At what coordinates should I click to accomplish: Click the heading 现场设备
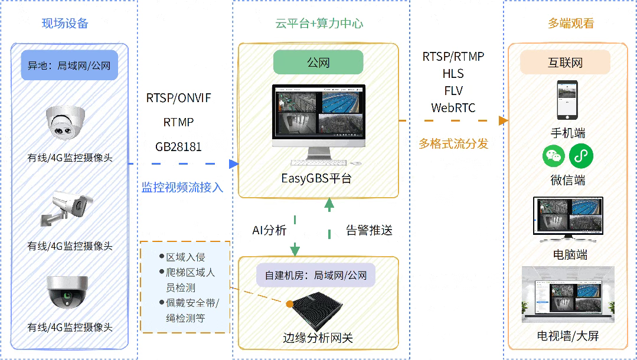click(x=65, y=24)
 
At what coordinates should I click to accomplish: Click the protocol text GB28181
click(x=178, y=146)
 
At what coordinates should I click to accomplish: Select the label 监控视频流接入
click(x=182, y=188)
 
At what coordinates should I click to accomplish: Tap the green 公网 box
click(x=318, y=62)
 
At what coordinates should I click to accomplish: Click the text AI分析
click(x=269, y=230)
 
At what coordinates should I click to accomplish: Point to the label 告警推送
click(x=369, y=230)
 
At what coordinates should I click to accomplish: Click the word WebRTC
click(x=453, y=108)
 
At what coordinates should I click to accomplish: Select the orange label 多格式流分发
click(x=453, y=143)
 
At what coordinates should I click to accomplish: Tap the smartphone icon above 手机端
click(x=567, y=100)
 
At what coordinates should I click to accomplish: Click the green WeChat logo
click(x=554, y=156)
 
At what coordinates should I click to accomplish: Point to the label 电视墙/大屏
click(x=567, y=336)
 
